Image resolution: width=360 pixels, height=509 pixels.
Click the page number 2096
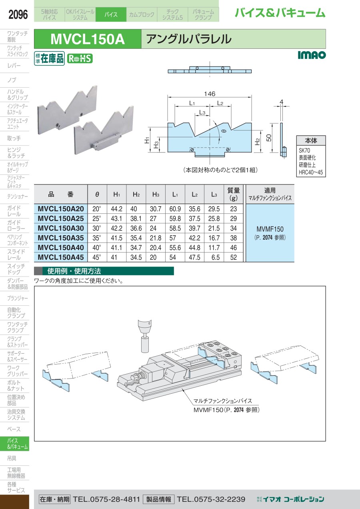tap(18, 14)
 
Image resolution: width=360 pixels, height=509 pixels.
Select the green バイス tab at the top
tap(111, 14)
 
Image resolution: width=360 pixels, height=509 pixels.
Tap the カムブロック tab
tap(142, 14)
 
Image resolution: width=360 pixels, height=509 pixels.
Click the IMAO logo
tap(312, 55)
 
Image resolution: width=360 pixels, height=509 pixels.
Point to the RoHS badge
tap(80, 59)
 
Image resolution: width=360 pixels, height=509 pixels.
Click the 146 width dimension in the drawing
tap(210, 94)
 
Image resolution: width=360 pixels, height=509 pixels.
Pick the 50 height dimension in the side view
tap(269, 138)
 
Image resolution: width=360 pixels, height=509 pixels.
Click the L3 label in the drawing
tap(202, 112)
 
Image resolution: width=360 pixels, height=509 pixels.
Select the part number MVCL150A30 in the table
tap(61, 228)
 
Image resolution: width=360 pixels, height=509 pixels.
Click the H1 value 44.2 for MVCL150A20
tap(116, 209)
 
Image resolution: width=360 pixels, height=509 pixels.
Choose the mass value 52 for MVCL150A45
tap(234, 257)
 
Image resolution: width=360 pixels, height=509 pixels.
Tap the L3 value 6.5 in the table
tap(216, 257)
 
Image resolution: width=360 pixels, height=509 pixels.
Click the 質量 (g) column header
tap(234, 194)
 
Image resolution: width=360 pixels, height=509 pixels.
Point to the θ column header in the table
tap(97, 194)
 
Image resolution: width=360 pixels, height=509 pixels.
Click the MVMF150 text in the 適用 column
tap(270, 229)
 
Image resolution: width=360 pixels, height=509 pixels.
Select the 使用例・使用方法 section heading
tap(74, 271)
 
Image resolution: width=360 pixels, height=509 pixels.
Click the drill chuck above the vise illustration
tap(145, 336)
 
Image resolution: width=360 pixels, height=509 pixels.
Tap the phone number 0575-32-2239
tap(211, 499)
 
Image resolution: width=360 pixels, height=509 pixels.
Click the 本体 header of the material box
tap(311, 141)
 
